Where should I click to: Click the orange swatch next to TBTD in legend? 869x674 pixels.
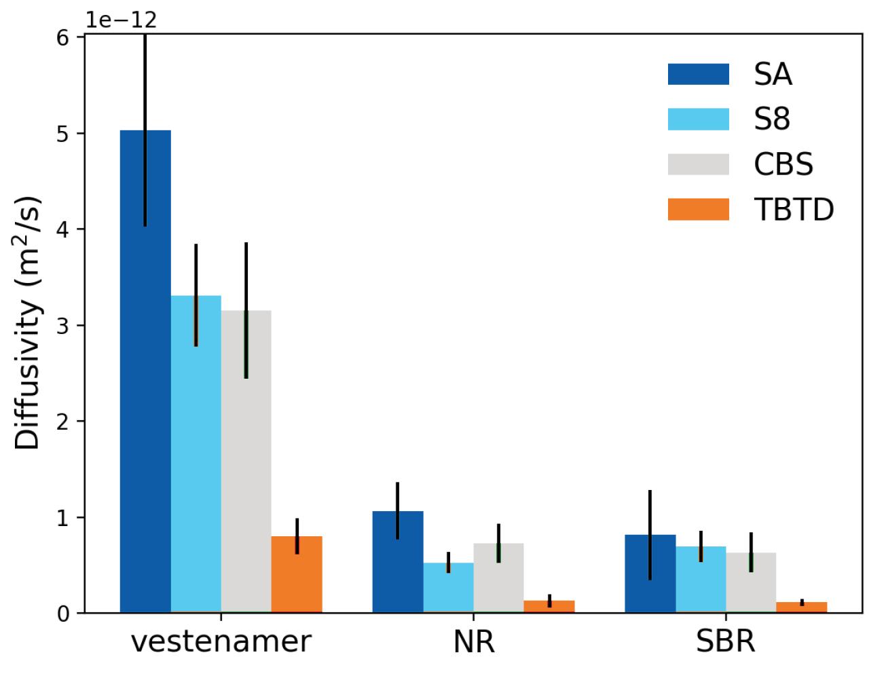[698, 210]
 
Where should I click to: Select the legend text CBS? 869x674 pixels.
[783, 165]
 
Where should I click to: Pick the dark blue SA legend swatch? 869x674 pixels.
[698, 74]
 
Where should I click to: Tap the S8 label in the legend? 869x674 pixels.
[772, 119]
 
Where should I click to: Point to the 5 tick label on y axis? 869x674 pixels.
[63, 134]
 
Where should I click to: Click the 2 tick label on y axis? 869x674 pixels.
[63, 422]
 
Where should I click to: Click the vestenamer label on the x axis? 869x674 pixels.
[221, 641]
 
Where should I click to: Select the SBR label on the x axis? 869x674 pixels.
[725, 641]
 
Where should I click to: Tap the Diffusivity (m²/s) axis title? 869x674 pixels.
[28, 323]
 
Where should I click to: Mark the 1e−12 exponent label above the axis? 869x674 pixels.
[121, 20]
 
